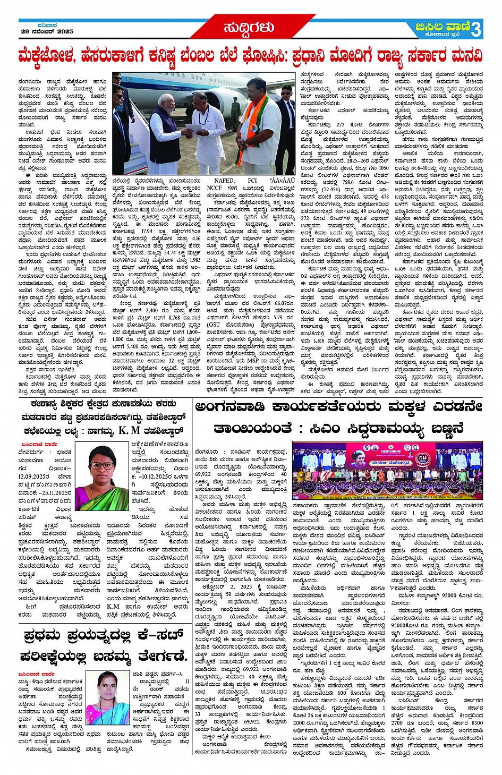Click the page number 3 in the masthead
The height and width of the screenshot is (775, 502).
tap(475, 30)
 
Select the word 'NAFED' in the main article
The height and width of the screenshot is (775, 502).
tap(224, 180)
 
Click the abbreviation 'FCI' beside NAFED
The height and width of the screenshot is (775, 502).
tap(252, 180)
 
